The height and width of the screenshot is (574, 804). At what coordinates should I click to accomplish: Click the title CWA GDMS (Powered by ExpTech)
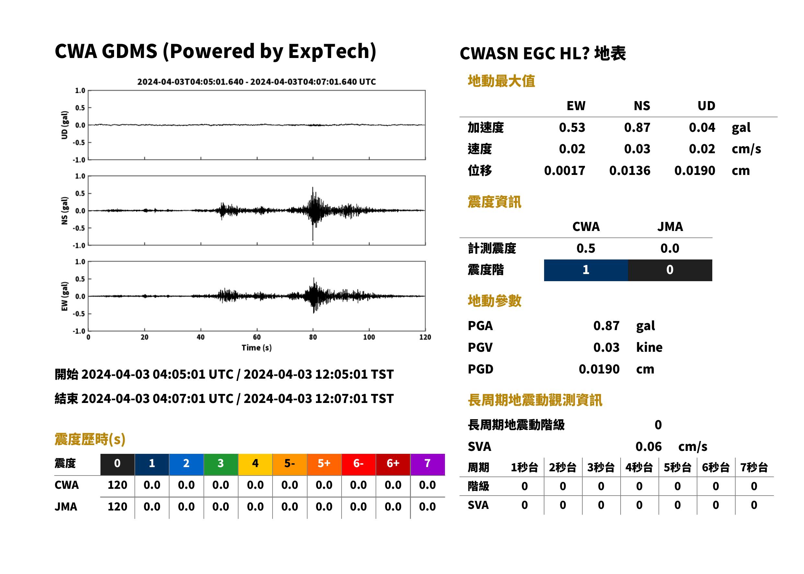pos(215,51)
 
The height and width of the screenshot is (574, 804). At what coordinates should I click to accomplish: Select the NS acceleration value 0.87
pos(637,128)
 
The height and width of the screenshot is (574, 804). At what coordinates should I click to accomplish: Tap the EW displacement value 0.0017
pos(564,171)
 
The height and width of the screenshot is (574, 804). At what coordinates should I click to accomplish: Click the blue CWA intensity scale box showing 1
pos(586,270)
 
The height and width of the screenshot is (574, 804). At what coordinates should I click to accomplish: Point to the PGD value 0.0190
pos(599,369)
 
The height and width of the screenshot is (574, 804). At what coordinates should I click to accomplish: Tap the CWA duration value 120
pos(117,485)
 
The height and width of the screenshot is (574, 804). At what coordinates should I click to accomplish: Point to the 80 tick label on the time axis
pos(313,337)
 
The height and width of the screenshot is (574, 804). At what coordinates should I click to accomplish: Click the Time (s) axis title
pos(257,348)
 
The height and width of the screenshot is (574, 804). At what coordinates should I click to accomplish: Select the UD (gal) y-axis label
pos(64,125)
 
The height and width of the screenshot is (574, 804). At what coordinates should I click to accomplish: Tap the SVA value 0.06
pos(648,447)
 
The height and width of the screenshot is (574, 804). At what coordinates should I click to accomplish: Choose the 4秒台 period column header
pos(639,468)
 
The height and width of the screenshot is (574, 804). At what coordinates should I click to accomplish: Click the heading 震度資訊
pos(494,202)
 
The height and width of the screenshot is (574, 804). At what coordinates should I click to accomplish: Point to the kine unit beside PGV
pos(649,348)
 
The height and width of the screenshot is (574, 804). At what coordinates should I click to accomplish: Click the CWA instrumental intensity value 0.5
pos(586,248)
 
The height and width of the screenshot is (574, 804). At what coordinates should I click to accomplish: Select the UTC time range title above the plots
pos(257,82)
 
